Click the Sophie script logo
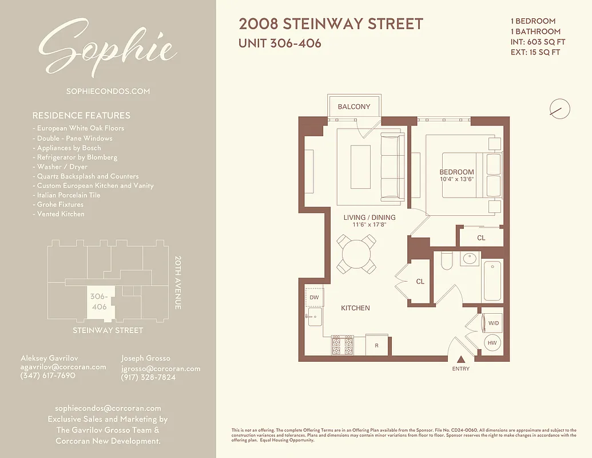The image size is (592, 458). (107, 48)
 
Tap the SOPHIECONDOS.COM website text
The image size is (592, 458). (108, 91)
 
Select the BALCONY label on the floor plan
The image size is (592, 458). (353, 106)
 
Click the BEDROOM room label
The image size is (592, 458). (456, 172)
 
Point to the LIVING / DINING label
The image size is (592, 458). (369, 218)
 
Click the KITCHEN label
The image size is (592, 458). (355, 308)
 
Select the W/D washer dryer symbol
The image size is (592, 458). (492, 323)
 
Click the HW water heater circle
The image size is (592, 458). (492, 343)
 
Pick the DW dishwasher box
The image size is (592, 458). (314, 298)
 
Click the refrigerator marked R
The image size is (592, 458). (376, 345)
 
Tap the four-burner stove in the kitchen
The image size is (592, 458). (342, 345)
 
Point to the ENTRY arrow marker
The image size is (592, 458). (460, 360)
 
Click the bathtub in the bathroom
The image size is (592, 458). (492, 281)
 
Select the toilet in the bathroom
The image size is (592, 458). (447, 261)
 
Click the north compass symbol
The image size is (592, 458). (559, 108)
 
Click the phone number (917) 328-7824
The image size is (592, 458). (148, 378)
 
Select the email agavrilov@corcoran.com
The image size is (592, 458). (63, 367)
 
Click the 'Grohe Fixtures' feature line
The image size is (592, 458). (60, 204)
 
